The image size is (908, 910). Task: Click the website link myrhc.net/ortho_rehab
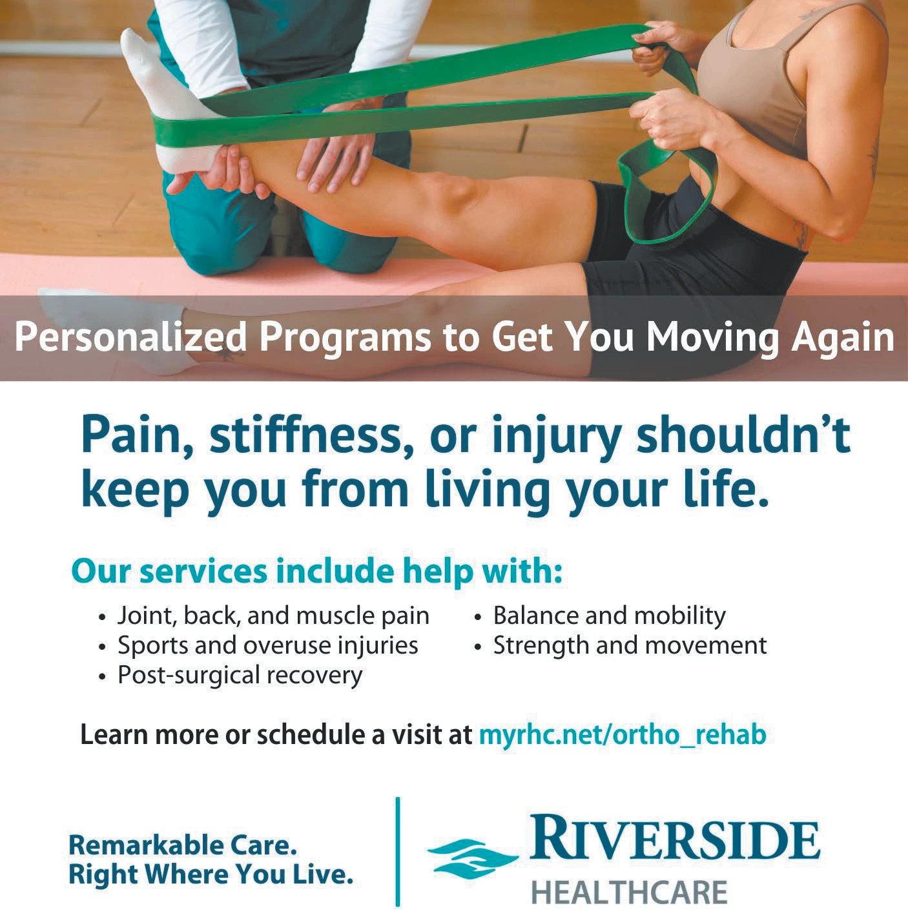[x=622, y=734]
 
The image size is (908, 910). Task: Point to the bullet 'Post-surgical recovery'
[x=240, y=675]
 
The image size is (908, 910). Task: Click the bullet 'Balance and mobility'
[x=608, y=615]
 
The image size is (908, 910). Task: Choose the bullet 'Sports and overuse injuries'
[x=267, y=645]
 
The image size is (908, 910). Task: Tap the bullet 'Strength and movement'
[x=630, y=645]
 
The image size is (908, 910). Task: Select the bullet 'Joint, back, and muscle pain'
[x=273, y=615]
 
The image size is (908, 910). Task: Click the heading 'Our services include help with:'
[x=316, y=572]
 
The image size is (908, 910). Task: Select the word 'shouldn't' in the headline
[x=743, y=437]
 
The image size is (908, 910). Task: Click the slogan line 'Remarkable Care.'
[x=183, y=845]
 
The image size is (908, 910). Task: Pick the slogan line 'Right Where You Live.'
[x=211, y=874]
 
